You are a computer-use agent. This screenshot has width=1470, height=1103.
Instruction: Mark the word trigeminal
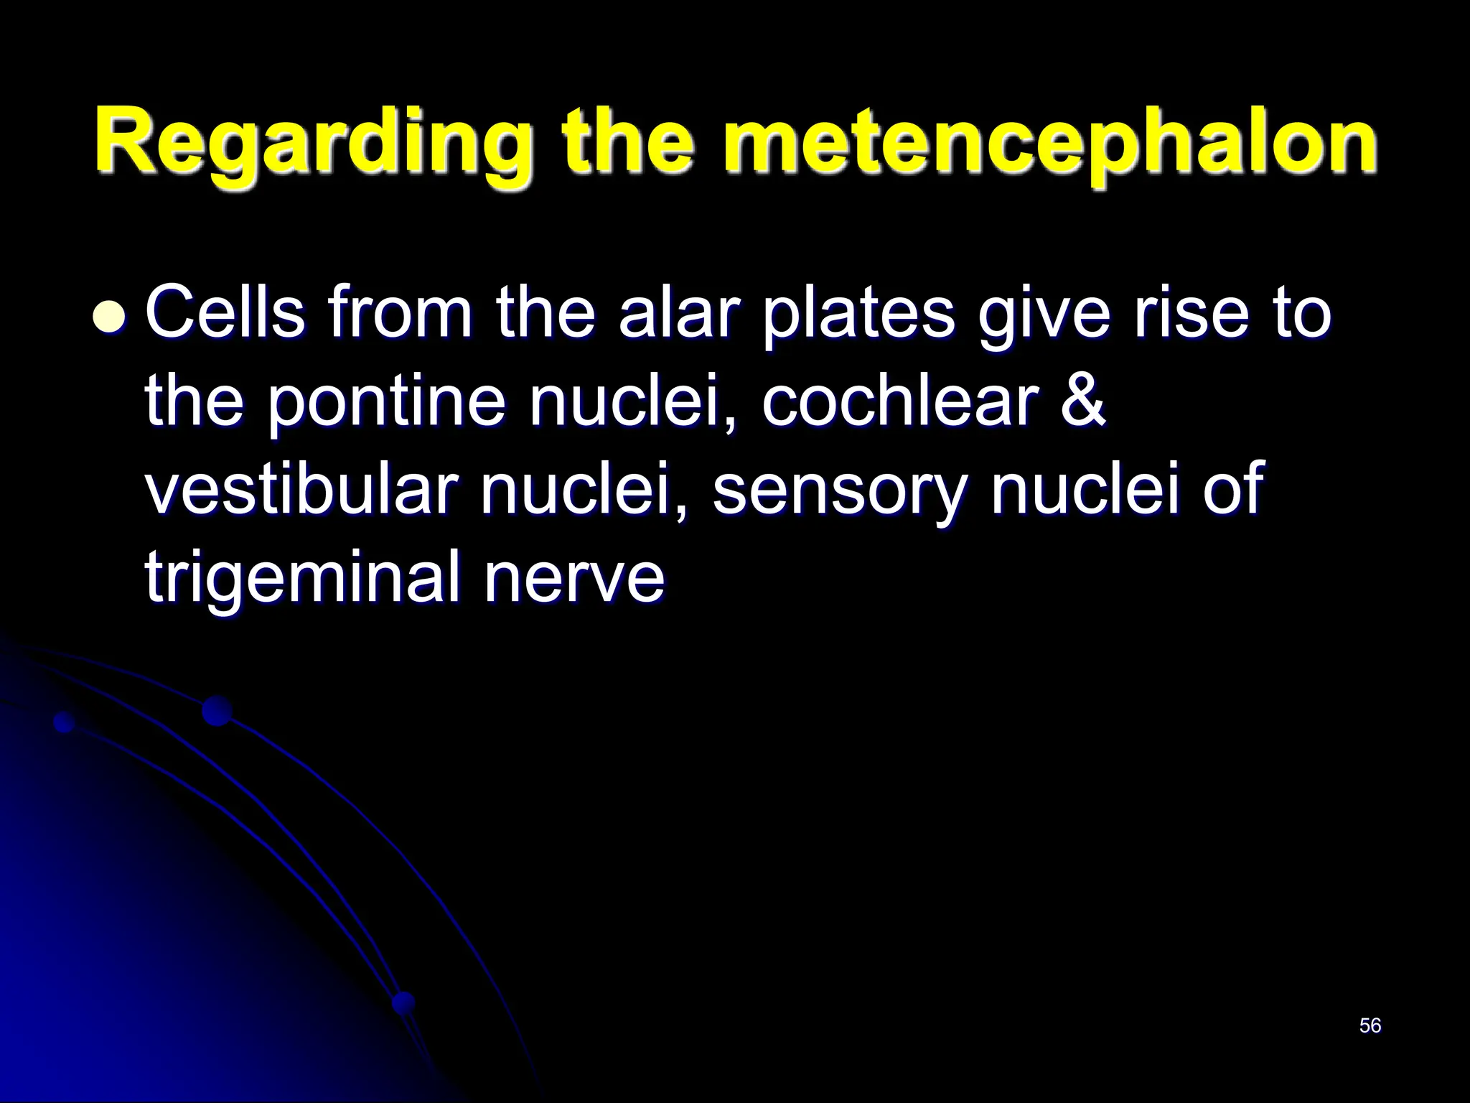(302, 579)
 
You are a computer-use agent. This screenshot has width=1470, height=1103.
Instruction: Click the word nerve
(574, 579)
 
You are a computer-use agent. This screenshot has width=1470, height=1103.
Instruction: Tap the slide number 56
(1370, 1025)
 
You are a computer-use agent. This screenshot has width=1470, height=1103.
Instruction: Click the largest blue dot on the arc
(217, 711)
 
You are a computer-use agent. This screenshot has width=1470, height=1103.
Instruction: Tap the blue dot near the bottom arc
(404, 1002)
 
